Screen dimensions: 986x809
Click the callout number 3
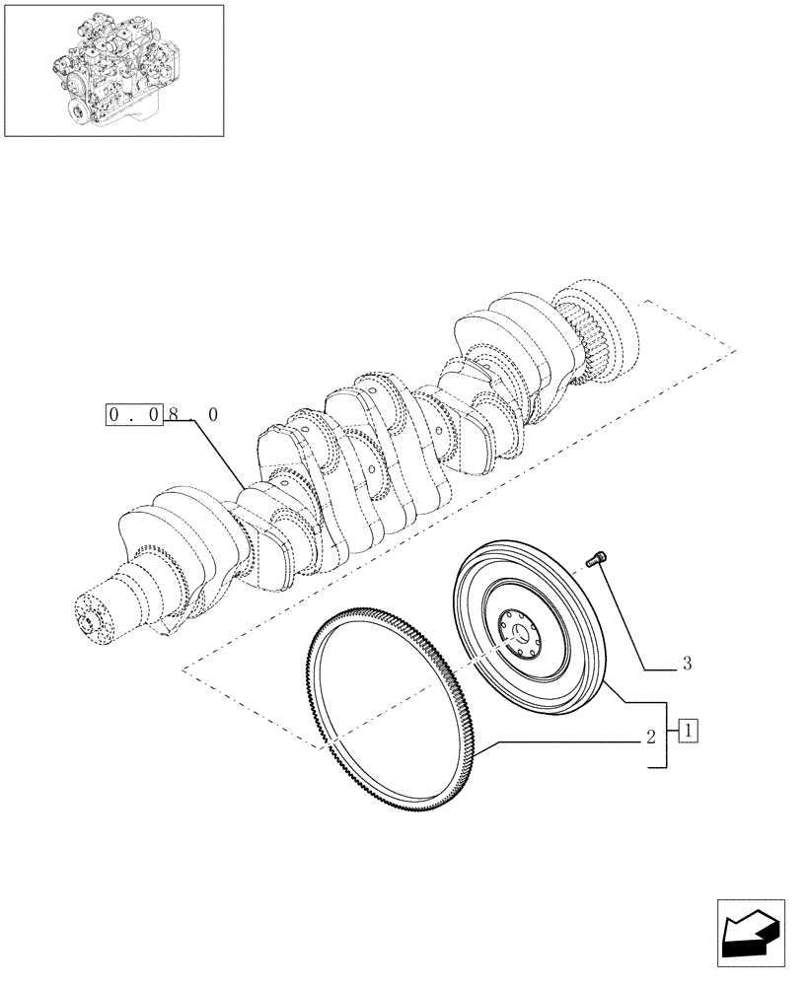tap(687, 665)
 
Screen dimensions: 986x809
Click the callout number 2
tap(651, 737)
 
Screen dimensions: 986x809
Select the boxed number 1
tap(689, 732)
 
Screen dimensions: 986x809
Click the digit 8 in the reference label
tap(174, 416)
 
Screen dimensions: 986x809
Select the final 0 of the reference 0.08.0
tap(212, 416)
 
